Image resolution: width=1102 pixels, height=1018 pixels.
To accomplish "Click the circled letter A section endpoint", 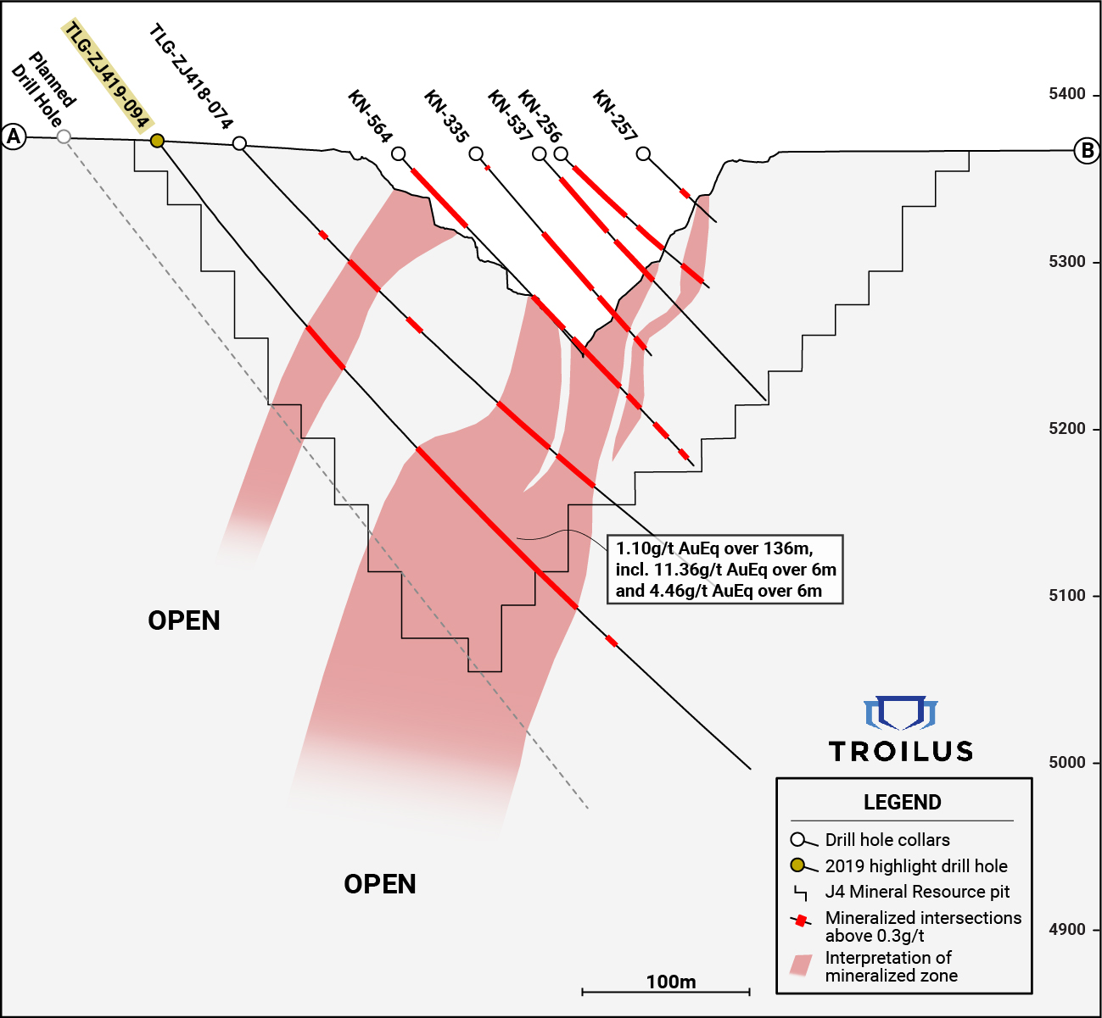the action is pos(14,136).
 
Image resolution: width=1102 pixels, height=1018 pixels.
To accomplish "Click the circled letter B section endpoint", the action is pos(1087,151).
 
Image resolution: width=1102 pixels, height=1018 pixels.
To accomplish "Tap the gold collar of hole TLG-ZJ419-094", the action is pos(158,141).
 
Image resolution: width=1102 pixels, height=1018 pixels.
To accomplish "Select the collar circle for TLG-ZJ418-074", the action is pos(239,143).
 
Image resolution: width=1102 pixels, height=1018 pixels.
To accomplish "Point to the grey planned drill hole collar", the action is pos(64,136).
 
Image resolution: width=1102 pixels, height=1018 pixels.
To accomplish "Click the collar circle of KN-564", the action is pos(399,154).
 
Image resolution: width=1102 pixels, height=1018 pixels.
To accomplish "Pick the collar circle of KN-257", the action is pos(643,153).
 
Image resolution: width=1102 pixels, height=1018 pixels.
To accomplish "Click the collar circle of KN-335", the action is pos(476,154).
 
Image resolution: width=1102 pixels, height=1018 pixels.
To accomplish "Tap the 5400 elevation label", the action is pos(1067,94).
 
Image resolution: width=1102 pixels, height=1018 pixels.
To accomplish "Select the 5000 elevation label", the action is pos(1067,762).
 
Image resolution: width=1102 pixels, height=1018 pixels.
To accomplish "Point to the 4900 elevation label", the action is pos(1067,929).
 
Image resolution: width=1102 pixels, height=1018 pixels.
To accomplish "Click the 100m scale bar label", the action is pos(671,982).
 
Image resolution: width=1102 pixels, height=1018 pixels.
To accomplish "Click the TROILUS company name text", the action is pos(901,752).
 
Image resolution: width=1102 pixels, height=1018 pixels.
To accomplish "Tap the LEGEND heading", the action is pos(903,803).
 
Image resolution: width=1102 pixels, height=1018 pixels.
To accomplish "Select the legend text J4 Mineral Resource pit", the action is pos(917,892).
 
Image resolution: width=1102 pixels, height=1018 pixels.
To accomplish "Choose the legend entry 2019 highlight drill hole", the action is pos(916,866).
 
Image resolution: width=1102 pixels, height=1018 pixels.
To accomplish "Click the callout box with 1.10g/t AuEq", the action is pos(725,570).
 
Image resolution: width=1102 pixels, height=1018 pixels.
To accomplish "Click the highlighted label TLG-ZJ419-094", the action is pos(107,75).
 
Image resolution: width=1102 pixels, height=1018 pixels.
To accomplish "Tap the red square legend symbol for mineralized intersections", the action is pos(801,921).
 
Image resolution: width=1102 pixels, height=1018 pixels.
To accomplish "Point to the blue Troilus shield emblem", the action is pos(901,713).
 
